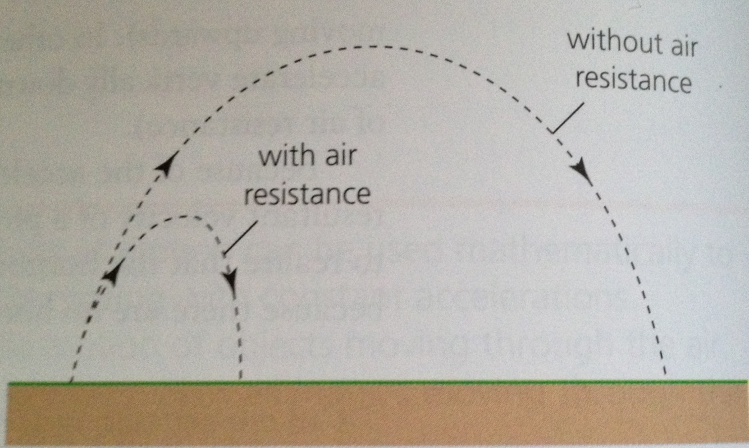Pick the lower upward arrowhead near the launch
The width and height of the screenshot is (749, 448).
click(x=112, y=275)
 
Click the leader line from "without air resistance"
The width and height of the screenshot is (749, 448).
click(x=567, y=118)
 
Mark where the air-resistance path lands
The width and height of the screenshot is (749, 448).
click(x=240, y=381)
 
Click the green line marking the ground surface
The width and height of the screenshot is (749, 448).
click(x=393, y=382)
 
